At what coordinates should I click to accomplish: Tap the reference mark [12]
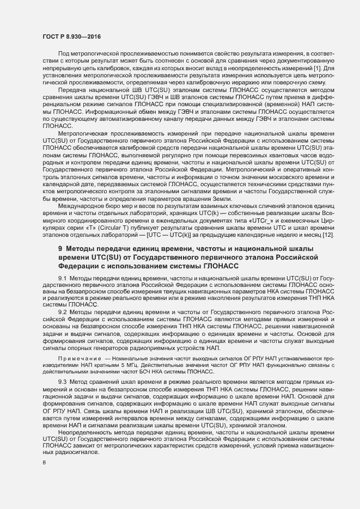pyautogui.click(x=316, y=235)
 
